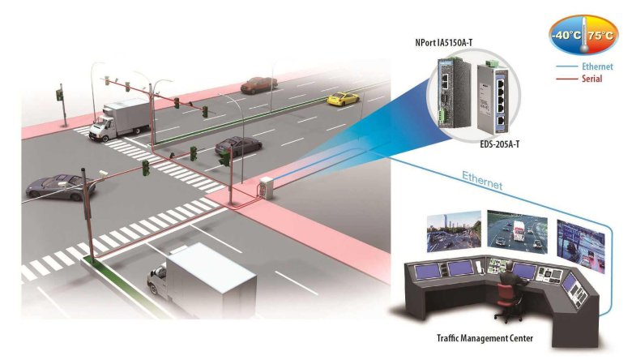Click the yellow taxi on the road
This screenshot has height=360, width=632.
pyautogui.click(x=342, y=99)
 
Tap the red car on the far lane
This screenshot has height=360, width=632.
pyautogui.click(x=258, y=84)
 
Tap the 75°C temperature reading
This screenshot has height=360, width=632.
pyautogui.click(x=600, y=36)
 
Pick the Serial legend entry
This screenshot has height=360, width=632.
pyautogui.click(x=591, y=79)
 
